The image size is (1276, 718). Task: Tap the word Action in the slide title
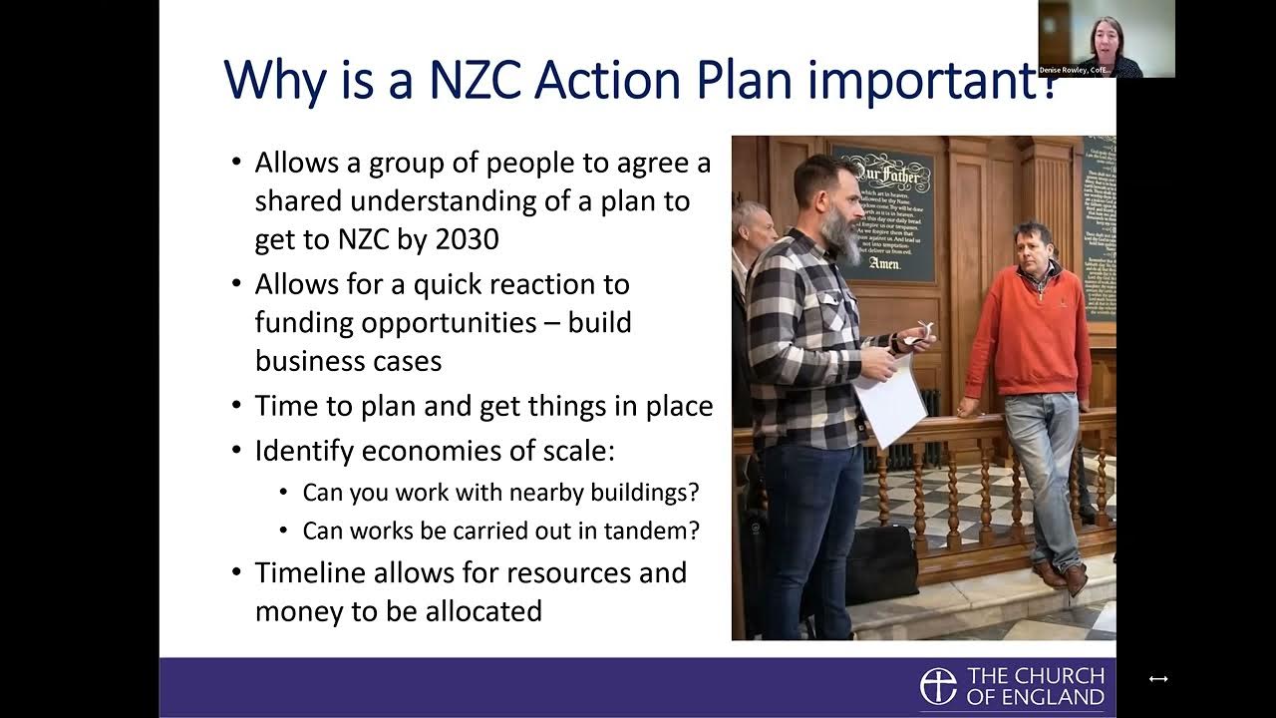(x=624, y=80)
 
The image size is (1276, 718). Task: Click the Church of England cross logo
(x=938, y=686)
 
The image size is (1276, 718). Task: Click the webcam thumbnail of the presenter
(x=1107, y=38)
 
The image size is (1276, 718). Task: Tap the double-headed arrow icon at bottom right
(x=1157, y=678)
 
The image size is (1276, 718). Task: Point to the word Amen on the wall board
(x=884, y=264)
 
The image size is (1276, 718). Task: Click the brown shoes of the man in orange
(x=1061, y=576)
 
